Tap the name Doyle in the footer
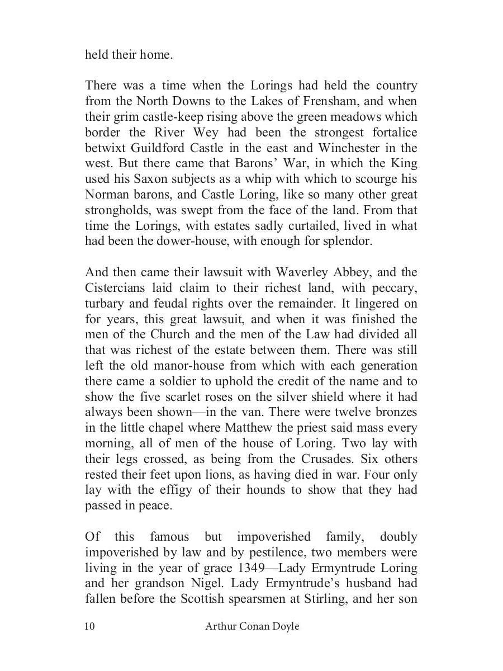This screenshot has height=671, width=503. [x=284, y=626]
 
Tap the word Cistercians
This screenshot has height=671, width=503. [x=118, y=288]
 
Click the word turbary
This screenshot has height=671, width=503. [x=106, y=304]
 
